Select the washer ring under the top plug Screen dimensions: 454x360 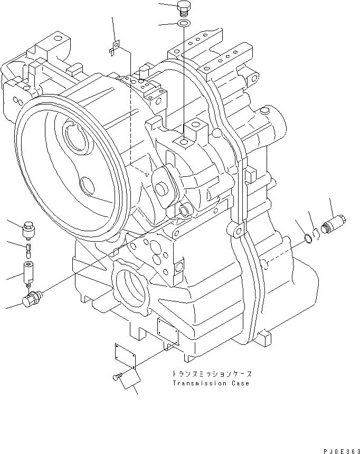[183, 24]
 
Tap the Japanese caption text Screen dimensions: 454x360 [210, 373]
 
